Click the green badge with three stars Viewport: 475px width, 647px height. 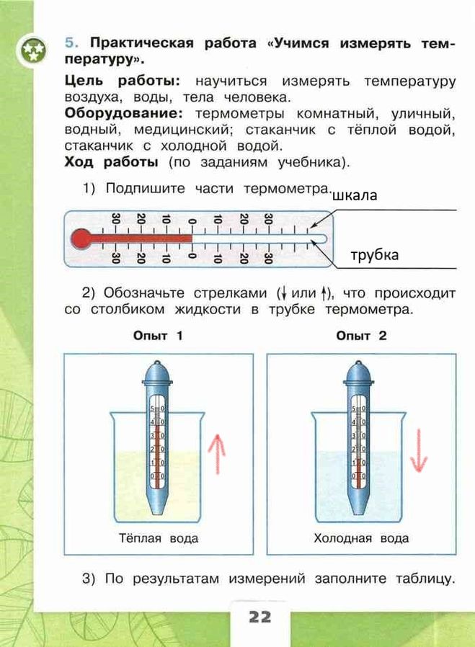coord(32,50)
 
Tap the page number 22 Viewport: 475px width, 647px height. coord(260,617)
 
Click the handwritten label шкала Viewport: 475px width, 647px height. coord(355,195)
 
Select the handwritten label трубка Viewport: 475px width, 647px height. coord(375,255)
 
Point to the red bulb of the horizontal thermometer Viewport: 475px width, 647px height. coord(81,238)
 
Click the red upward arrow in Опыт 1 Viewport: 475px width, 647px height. coord(217,454)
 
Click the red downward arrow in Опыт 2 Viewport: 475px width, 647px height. coord(419,450)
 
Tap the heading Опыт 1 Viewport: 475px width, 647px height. coord(158,336)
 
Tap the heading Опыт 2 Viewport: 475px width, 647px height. coord(361,336)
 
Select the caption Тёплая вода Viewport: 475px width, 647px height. coord(159,538)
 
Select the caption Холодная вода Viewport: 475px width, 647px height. coord(361,538)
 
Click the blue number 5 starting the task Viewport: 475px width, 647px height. coord(71,43)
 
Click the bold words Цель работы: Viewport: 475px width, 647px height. coord(123,81)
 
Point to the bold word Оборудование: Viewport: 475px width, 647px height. coord(123,113)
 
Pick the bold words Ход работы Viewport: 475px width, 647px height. coord(112,162)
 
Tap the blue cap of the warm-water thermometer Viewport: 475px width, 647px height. coord(158,373)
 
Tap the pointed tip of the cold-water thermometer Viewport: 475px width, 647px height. coord(359,512)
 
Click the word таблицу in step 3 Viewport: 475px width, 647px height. coord(425,579)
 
